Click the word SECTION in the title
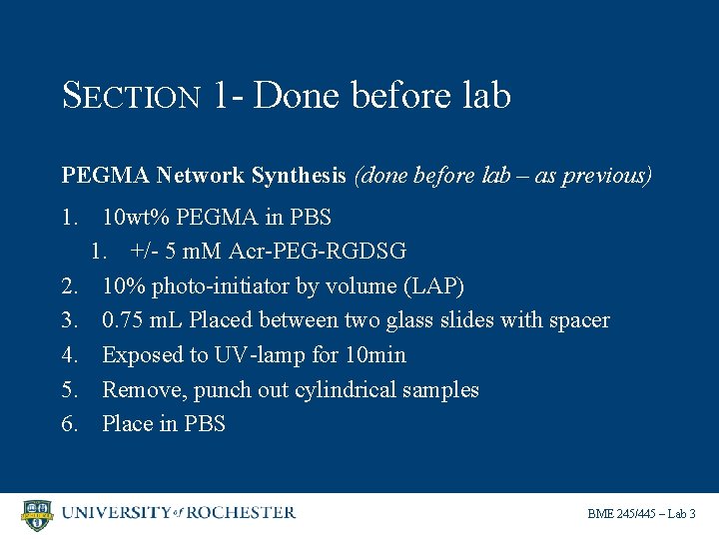click(132, 96)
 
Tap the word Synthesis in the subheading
click(299, 176)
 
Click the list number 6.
click(70, 424)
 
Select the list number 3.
click(70, 320)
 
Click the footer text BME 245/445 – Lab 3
click(641, 514)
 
